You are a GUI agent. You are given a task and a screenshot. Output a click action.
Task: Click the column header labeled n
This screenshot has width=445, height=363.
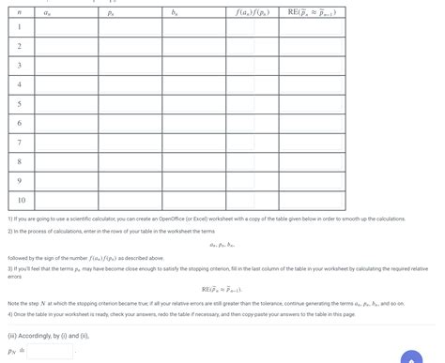point(19,13)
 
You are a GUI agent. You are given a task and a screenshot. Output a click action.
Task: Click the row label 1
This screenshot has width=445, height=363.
point(19,26)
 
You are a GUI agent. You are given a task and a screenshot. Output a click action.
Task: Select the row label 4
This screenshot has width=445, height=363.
point(19,83)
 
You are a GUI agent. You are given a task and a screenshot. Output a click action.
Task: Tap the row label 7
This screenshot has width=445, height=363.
point(19,142)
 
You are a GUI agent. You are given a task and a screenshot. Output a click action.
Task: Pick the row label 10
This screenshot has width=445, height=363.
point(19,199)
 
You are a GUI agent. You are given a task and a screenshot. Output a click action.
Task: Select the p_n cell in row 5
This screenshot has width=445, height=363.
point(130,103)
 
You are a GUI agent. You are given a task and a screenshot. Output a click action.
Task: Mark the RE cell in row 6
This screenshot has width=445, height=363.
point(318,122)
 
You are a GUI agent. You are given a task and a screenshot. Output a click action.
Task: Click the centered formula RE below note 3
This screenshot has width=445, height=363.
point(222,290)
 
